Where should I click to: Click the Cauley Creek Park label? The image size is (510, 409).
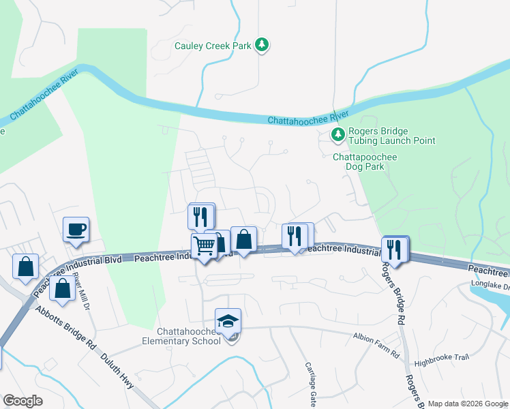tap(212, 46)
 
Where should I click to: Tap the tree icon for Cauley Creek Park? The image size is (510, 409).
tap(262, 45)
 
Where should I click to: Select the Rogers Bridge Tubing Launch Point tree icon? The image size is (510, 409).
tap(337, 135)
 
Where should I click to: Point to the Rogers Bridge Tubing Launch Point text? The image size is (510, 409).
tap(391, 136)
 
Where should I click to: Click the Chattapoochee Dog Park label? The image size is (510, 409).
tap(365, 162)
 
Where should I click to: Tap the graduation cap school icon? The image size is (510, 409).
tap(228, 320)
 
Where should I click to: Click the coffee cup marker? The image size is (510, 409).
tap(76, 229)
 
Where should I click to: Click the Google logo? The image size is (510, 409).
tap(22, 401)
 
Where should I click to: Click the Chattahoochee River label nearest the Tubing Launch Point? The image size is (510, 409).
tap(308, 117)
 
